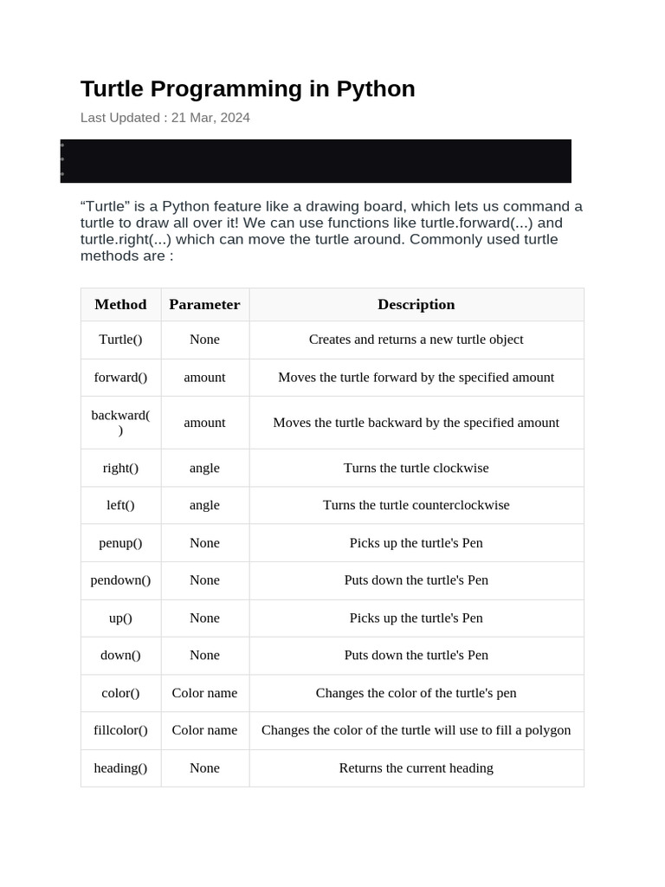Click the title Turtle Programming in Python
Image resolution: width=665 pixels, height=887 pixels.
tap(248, 89)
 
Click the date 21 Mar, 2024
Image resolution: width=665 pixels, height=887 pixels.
tap(210, 118)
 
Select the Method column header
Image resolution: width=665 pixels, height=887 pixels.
tap(120, 304)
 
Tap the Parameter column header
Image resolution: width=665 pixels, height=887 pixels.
tap(204, 304)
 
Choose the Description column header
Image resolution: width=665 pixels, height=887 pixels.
tap(416, 304)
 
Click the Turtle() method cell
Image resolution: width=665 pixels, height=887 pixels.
tap(120, 340)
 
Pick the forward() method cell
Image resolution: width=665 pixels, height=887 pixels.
tap(120, 378)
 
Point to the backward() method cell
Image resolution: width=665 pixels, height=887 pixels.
tap(120, 423)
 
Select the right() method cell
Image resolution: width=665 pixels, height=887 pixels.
tap(120, 468)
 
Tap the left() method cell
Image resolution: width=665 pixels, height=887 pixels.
tap(120, 505)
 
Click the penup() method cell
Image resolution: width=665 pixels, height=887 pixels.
tap(120, 543)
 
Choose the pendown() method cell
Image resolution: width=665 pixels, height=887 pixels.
tap(120, 580)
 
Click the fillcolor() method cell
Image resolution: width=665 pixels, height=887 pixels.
tap(120, 730)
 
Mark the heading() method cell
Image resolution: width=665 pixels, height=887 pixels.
tap(120, 768)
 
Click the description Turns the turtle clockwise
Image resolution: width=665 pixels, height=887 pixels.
tap(416, 468)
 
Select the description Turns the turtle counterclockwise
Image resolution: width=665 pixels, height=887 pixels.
tap(416, 505)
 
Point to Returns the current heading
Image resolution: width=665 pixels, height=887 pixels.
tap(416, 768)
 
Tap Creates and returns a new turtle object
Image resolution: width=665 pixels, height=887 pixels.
tap(416, 340)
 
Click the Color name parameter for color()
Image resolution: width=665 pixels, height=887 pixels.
tap(204, 693)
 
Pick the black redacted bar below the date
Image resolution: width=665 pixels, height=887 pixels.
tap(316, 161)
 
